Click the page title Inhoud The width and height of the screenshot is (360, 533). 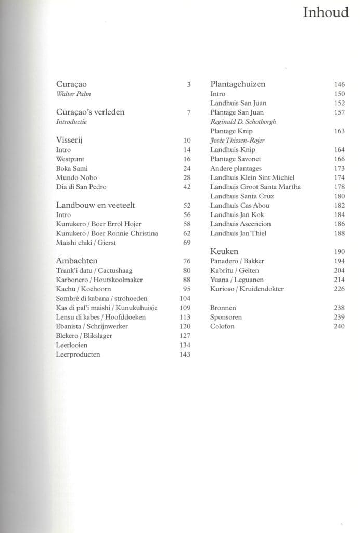point(326,12)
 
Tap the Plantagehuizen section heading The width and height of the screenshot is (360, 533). point(238,84)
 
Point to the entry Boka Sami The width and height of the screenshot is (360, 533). point(72,168)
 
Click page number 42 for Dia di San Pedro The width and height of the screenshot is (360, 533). point(187,187)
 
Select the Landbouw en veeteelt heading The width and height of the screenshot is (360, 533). point(95,205)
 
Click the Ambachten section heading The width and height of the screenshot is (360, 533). point(76,261)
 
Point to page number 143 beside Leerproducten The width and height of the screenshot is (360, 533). point(185,354)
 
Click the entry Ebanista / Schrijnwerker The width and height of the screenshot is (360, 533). point(92,326)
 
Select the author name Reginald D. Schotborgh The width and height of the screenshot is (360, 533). point(243,122)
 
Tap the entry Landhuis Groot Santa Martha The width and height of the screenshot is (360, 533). point(255,187)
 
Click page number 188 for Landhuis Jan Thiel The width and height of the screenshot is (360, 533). point(339,233)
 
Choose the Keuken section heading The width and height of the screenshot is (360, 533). point(225,251)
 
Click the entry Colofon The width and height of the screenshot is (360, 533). point(222,326)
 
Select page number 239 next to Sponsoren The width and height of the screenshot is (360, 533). point(339,317)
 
